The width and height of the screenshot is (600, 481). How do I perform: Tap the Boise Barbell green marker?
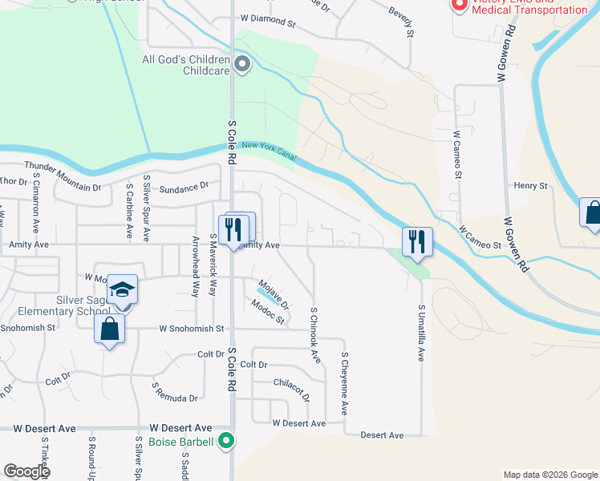point(228,441)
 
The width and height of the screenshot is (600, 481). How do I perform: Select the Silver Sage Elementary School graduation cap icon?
point(123,289)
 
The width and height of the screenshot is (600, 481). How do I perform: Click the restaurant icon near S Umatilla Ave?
point(417,240)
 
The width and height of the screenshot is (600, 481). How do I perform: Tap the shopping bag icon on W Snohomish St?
point(109,329)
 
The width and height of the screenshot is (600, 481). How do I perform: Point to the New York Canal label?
point(270,152)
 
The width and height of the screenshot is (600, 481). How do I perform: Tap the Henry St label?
point(531,186)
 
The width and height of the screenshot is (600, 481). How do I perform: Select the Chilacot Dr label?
point(290,386)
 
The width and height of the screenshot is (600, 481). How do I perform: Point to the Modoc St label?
point(267,313)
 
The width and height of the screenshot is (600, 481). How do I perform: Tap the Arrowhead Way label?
point(196,267)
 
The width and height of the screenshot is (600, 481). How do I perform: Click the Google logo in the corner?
point(26,471)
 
